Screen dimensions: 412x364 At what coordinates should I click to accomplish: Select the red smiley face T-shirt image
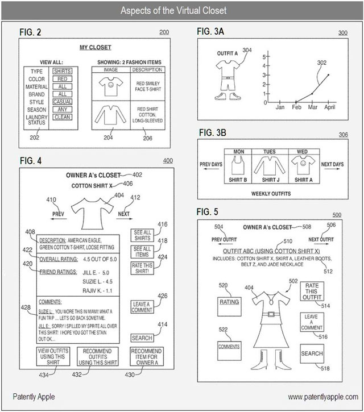click(x=111, y=86)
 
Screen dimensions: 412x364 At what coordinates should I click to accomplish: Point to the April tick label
click(x=329, y=107)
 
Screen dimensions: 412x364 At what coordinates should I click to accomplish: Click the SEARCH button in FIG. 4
click(x=142, y=338)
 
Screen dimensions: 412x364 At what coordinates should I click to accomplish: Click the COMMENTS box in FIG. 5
click(x=229, y=345)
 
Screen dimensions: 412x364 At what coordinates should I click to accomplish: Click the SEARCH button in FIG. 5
click(x=312, y=353)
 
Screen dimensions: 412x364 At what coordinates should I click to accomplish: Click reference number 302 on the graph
click(x=321, y=62)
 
